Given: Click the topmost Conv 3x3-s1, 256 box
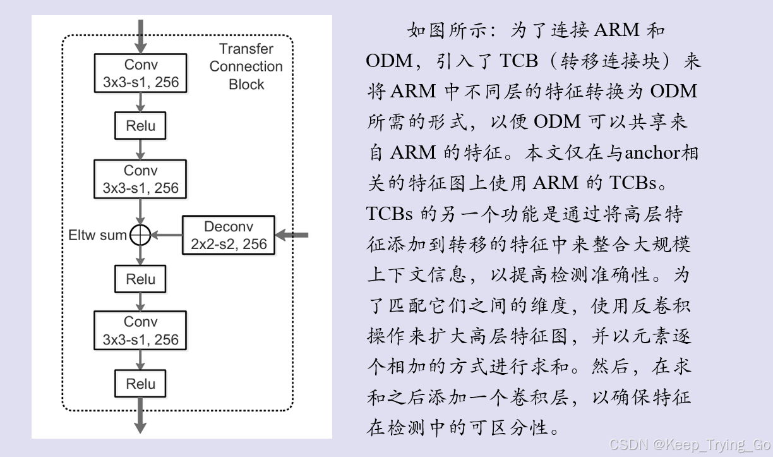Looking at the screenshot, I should click(141, 73).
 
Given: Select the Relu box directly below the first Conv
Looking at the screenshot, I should click(140, 126).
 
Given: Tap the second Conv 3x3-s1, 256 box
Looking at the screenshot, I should click(141, 179).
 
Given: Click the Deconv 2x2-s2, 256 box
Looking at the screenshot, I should click(229, 235).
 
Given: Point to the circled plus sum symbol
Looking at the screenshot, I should click(140, 235).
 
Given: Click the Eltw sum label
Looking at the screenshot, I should click(97, 236).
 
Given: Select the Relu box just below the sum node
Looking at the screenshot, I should click(140, 279).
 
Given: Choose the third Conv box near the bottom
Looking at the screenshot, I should click(141, 331).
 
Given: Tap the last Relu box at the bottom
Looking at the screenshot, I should click(140, 384).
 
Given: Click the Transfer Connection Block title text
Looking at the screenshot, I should click(246, 66).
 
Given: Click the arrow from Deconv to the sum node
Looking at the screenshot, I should click(167, 235).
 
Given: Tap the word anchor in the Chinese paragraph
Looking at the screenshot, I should click(652, 153).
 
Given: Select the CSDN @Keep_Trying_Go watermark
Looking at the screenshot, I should click(690, 444).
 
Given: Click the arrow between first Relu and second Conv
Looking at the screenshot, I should click(140, 149).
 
